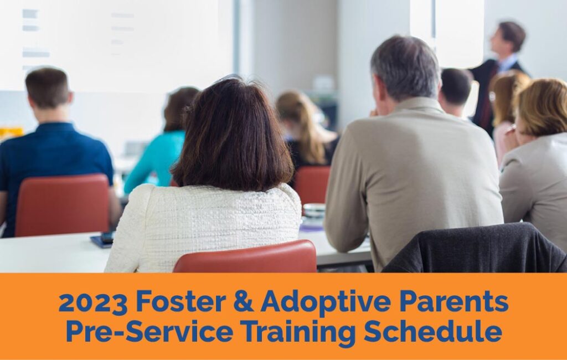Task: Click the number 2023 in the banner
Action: coord(92,302)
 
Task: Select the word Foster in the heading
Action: coord(181,301)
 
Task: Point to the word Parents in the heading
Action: coord(454,301)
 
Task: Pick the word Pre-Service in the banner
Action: coord(150,331)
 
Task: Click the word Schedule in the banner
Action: coord(433,331)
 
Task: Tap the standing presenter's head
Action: coord(508,37)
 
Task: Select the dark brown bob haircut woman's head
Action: coord(233,134)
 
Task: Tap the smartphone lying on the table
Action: coord(102,240)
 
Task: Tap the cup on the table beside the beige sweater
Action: coord(313,212)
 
